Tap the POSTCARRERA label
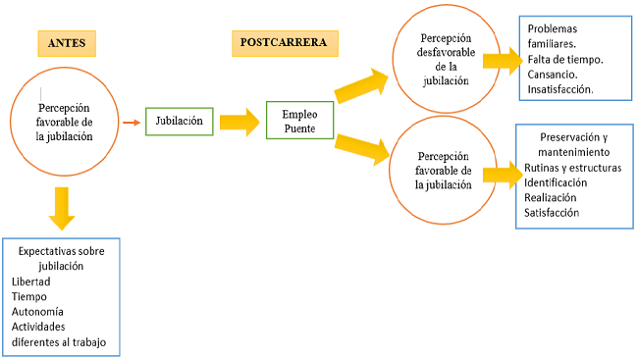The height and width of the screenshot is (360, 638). click(x=285, y=42)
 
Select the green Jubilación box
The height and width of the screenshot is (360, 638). click(x=179, y=122)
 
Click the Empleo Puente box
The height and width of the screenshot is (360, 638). click(x=300, y=121)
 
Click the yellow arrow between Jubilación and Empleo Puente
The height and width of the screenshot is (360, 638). click(x=239, y=123)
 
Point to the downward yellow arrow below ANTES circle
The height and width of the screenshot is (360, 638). click(x=62, y=207)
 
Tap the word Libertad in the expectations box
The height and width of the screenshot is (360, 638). click(x=31, y=282)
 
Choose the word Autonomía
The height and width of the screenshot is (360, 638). click(x=37, y=311)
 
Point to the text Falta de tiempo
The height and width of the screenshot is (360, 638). click(x=564, y=59)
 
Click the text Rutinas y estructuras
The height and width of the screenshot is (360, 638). click(x=572, y=168)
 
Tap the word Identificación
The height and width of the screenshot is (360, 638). click(x=556, y=182)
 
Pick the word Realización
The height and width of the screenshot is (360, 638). click(x=551, y=197)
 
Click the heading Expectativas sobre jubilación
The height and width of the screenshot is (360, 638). click(x=61, y=258)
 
